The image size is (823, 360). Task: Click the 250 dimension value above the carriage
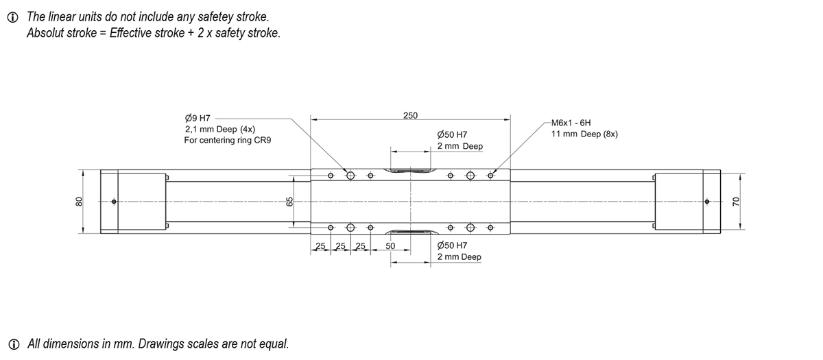(410, 115)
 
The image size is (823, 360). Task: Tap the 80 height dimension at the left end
(79, 201)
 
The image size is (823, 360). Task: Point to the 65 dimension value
(289, 202)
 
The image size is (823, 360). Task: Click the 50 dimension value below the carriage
(391, 245)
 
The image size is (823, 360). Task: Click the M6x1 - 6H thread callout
(571, 123)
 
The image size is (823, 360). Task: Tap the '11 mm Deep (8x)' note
(584, 134)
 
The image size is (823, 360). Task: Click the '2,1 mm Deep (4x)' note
(219, 129)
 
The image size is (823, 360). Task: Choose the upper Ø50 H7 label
(452, 135)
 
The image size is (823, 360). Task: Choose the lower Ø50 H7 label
(452, 245)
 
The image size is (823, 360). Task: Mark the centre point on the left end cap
(114, 202)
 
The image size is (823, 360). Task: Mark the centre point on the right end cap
(707, 202)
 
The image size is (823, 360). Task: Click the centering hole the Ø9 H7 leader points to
(350, 176)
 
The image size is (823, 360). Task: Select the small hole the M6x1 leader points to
(490, 176)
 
